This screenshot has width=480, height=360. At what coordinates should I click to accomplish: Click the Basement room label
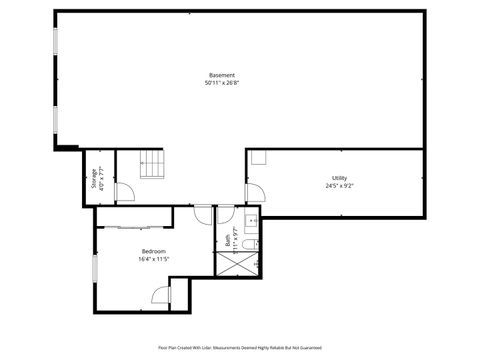(x=222, y=76)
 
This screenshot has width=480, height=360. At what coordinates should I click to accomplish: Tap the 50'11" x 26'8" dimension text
(x=222, y=84)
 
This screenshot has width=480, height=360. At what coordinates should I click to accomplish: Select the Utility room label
(x=340, y=178)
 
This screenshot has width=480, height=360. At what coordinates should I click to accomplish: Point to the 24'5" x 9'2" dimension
(x=340, y=186)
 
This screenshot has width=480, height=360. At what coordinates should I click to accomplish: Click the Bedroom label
(x=153, y=251)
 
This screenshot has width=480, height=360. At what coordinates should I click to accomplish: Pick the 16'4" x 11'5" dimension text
(x=153, y=259)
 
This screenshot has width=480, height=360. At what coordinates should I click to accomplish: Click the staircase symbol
(x=152, y=163)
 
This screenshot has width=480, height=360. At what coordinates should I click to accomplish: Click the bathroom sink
(x=253, y=220)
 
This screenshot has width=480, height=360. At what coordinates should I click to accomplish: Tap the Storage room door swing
(x=123, y=193)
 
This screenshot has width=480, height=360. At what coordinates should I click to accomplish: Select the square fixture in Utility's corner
(x=258, y=157)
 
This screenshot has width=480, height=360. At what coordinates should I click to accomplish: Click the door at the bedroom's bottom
(x=161, y=295)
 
